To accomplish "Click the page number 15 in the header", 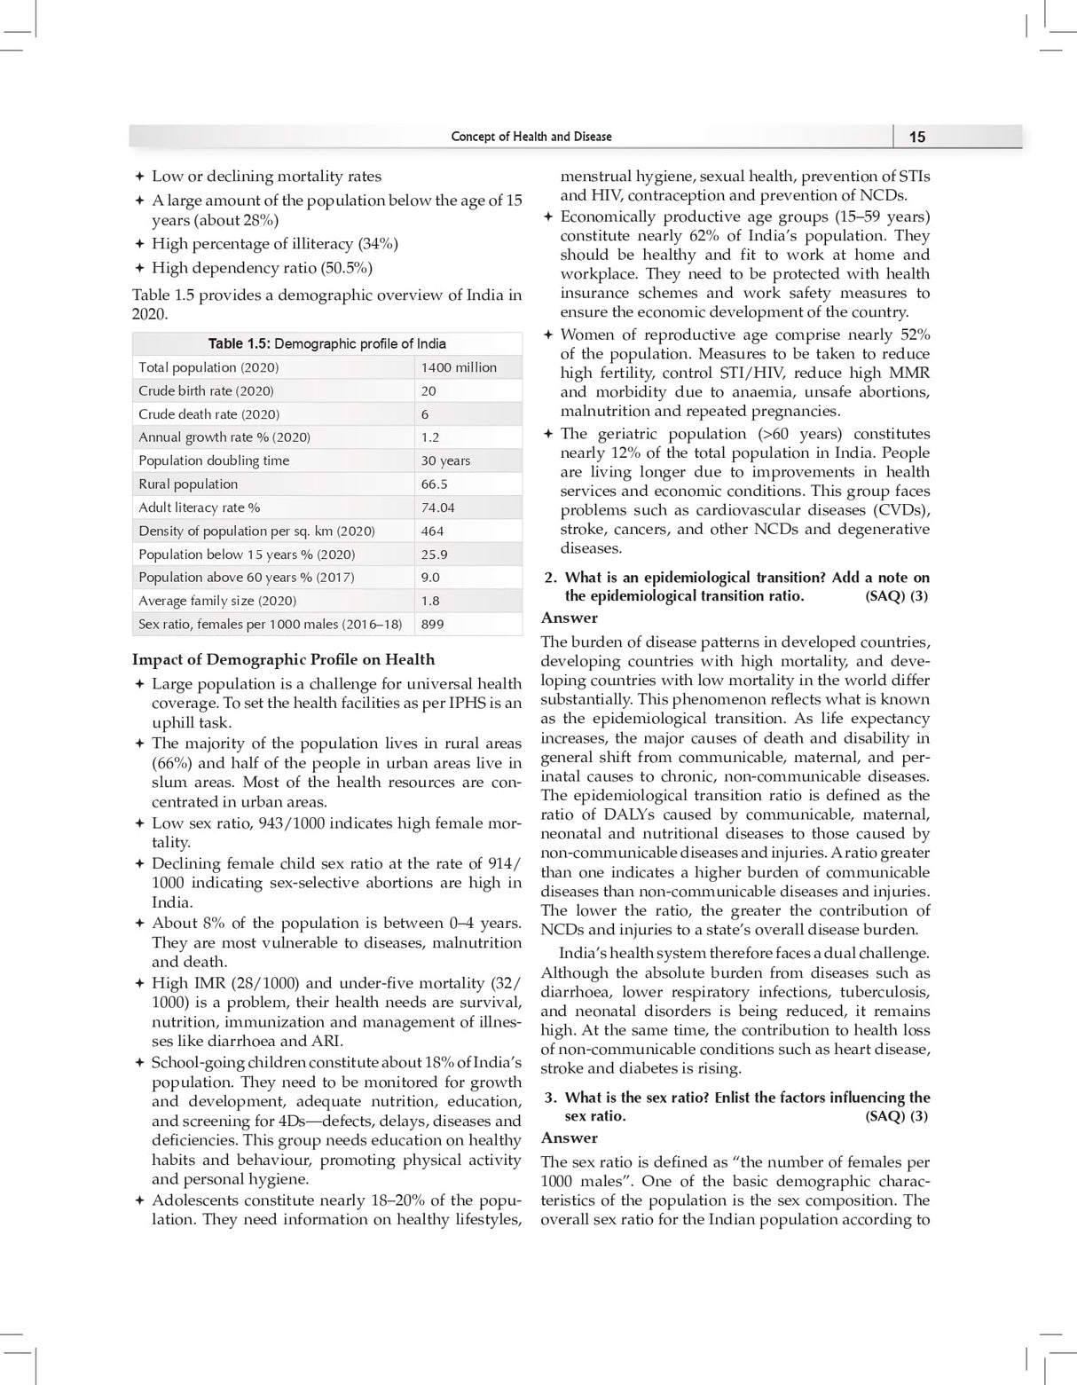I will (917, 137).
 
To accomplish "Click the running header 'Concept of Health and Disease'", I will (531, 137).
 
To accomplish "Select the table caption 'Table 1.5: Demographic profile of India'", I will (326, 343).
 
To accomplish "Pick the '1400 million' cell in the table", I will (459, 367).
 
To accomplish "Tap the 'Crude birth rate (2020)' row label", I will (206, 390).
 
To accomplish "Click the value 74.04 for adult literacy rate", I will (437, 508).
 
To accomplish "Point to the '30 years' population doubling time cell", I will (445, 460).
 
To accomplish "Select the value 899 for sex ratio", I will (432, 624).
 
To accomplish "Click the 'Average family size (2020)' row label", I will (217, 601).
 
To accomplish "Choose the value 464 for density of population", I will (432, 531).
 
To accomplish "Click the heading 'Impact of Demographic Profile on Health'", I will (283, 659).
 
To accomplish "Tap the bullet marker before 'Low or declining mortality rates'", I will (139, 177).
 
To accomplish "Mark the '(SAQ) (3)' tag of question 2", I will (896, 596).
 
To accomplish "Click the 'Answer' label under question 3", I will (569, 1137).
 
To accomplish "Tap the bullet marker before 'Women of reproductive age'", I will (548, 335).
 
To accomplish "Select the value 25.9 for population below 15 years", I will (434, 555).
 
